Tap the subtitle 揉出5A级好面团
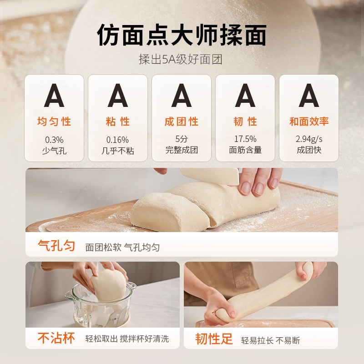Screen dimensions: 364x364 [182, 60]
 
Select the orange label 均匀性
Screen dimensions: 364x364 [54, 121]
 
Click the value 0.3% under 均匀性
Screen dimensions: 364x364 [54, 139]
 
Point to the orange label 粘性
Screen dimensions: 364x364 [118, 121]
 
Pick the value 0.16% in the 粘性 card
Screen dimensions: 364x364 [118, 139]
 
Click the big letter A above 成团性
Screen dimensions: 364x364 [182, 96]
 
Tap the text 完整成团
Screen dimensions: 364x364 [182, 150]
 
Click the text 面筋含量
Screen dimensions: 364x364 [245, 150]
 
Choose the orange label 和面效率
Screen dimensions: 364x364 [309, 121]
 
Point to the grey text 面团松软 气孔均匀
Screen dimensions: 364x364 [123, 248]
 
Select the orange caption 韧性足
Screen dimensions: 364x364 [214, 339]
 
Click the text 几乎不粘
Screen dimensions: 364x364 [118, 150]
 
